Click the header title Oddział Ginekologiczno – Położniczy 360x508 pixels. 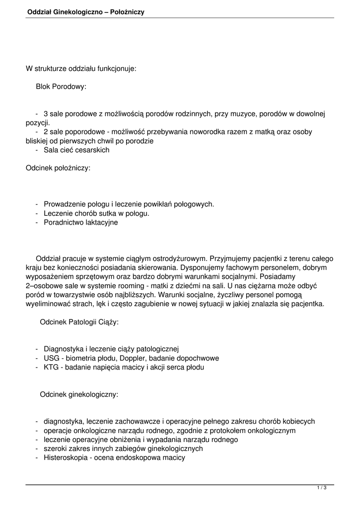[x=86, y=11]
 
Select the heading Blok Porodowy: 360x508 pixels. [x=61, y=86]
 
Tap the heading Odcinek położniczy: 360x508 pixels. [x=58, y=168]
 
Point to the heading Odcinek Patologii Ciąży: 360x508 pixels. [x=79, y=322]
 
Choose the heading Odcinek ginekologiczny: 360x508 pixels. [x=79, y=394]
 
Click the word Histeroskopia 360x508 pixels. [x=66, y=458]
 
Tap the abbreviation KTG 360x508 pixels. [x=51, y=368]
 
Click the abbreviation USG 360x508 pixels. [x=52, y=358]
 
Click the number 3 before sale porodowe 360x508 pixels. [x=46, y=114]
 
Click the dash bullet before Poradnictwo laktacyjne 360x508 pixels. [x=37, y=222]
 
